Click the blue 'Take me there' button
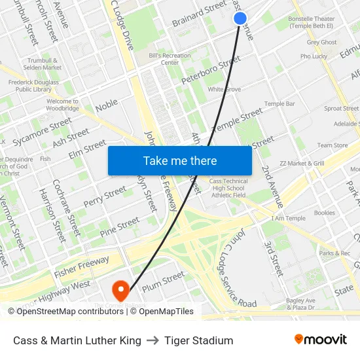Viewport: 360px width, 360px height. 179,160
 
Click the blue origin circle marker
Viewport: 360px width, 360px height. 240,18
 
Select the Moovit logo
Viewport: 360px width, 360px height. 320,340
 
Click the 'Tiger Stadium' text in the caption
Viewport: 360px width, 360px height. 199,340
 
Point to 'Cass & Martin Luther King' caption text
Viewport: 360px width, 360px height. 77,340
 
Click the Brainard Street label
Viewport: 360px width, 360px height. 199,14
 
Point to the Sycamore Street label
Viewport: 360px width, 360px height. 42,131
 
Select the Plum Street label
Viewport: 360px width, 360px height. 163,279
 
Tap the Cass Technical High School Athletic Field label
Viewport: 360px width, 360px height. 228,188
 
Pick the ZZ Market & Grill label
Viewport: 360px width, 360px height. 302,163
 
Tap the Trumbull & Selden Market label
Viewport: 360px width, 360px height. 43,63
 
